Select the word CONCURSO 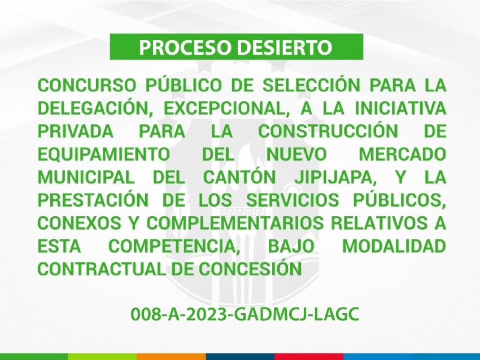pyautogui.click(x=86, y=85)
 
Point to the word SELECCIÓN pyautogui.click(x=311, y=85)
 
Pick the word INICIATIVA pyautogui.click(x=400, y=108)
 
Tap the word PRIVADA pyautogui.click(x=76, y=131)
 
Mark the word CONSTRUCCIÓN pyautogui.click(x=328, y=130)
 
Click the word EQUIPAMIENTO pyautogui.click(x=104, y=154)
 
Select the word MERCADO pyautogui.click(x=402, y=154)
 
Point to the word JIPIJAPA pyautogui.click(x=335, y=177)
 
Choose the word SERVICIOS pyautogui.click(x=293, y=200)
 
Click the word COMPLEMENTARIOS pyautogui.click(x=235, y=223)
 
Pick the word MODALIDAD pyautogui.click(x=394, y=247)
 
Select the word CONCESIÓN pyautogui.click(x=250, y=269)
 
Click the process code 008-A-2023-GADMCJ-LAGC pyautogui.click(x=245, y=314)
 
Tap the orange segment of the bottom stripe pyautogui.click(x=172, y=357)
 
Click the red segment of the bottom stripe pyautogui.click(x=309, y=357)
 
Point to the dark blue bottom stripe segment pyautogui.click(x=241, y=357)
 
